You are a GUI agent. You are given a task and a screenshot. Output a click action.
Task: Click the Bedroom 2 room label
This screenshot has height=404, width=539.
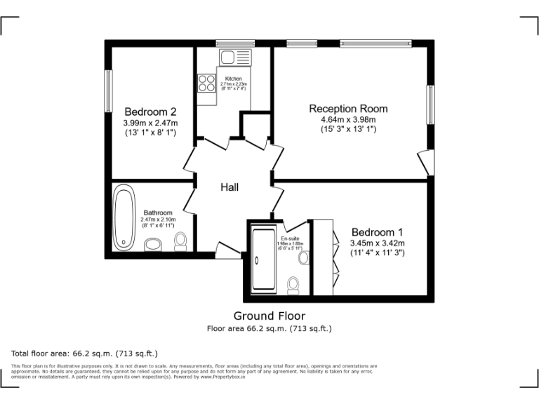pyautogui.click(x=150, y=112)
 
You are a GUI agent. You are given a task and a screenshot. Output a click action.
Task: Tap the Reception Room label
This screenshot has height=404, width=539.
pyautogui.click(x=348, y=109)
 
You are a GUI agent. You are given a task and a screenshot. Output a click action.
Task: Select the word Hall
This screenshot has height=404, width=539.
pyautogui.click(x=229, y=187)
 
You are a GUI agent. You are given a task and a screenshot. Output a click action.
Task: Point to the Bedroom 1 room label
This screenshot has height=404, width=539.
pyautogui.click(x=378, y=232)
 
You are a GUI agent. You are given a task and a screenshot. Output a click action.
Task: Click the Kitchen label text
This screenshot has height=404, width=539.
pyautogui.click(x=234, y=79)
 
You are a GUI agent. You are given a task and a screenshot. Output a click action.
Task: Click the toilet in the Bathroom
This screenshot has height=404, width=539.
pyautogui.click(x=180, y=241)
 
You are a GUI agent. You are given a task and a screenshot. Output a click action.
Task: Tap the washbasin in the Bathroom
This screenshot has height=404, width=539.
pyautogui.click(x=152, y=245)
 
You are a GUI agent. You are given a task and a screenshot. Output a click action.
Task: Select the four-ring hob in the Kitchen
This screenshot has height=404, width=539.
pyautogui.click(x=206, y=83)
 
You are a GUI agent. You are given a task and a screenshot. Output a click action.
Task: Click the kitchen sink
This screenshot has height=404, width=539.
pyautogui.click(x=229, y=57)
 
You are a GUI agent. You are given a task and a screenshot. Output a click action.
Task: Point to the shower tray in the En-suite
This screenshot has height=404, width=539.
pyautogui.click(x=264, y=260)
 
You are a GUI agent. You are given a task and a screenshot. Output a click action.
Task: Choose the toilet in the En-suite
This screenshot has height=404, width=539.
pyautogui.click(x=293, y=284)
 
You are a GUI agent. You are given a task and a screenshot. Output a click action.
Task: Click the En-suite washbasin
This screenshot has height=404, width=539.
pyautogui.click(x=304, y=258)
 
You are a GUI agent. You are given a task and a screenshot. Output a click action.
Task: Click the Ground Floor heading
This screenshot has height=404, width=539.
pyautogui.click(x=269, y=316)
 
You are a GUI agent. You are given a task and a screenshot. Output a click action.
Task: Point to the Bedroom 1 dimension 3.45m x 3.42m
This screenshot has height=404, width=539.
pyautogui.click(x=378, y=243)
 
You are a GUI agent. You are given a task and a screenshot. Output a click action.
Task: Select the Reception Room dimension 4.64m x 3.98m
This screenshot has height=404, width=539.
pyautogui.click(x=348, y=120)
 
